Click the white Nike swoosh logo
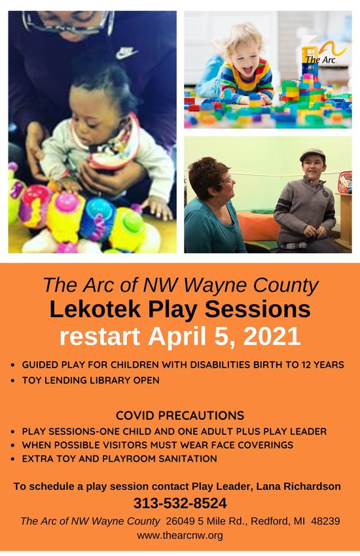126,52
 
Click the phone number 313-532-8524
180,503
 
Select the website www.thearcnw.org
180,534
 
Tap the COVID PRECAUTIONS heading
180,415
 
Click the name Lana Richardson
298,486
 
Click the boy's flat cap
312,155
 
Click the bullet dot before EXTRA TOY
13,459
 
